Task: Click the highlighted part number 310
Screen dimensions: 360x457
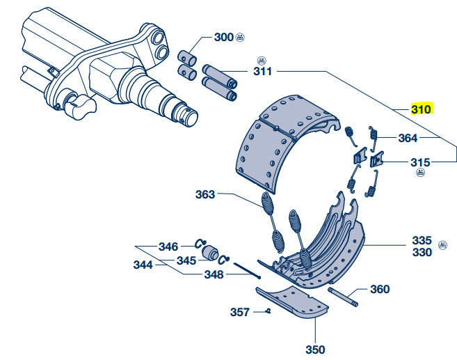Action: pyautogui.click(x=422, y=109)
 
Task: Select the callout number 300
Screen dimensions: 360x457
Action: pyautogui.click(x=224, y=37)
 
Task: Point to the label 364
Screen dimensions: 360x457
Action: pyautogui.click(x=408, y=138)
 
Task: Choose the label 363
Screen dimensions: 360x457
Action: pyautogui.click(x=205, y=194)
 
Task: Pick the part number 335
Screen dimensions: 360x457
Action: pyautogui.click(x=422, y=240)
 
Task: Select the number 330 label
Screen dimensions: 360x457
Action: pyautogui.click(x=422, y=252)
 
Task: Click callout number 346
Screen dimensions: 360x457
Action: pyautogui.click(x=168, y=246)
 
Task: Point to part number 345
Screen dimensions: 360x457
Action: pyautogui.click(x=186, y=260)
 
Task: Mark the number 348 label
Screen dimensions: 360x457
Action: pyautogui.click(x=214, y=274)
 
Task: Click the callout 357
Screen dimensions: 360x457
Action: pyautogui.click(x=239, y=312)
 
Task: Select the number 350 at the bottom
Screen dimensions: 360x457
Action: pyautogui.click(x=315, y=350)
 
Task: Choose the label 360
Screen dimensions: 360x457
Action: pyautogui.click(x=380, y=289)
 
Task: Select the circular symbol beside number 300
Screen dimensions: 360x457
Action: pyautogui.click(x=240, y=36)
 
